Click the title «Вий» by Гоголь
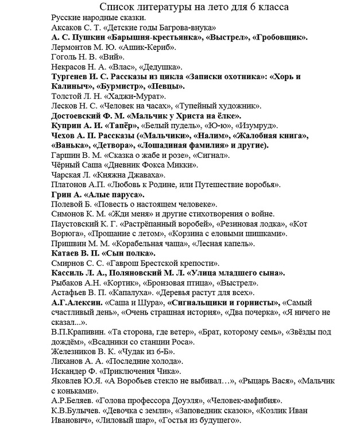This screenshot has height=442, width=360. point(111,57)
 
